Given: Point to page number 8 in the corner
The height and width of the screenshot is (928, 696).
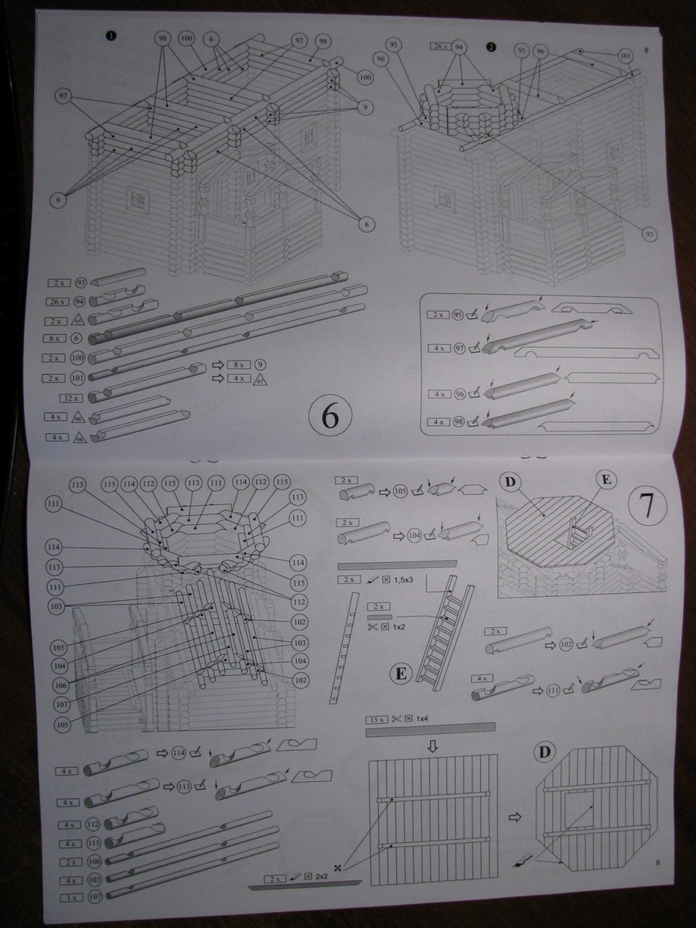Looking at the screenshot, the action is [645, 52].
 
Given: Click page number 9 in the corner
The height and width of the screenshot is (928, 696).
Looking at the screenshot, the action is [656, 864].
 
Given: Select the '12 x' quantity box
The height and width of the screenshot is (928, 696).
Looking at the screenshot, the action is [72, 397].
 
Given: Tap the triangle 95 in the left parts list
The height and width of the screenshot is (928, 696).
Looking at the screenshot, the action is [77, 320].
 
